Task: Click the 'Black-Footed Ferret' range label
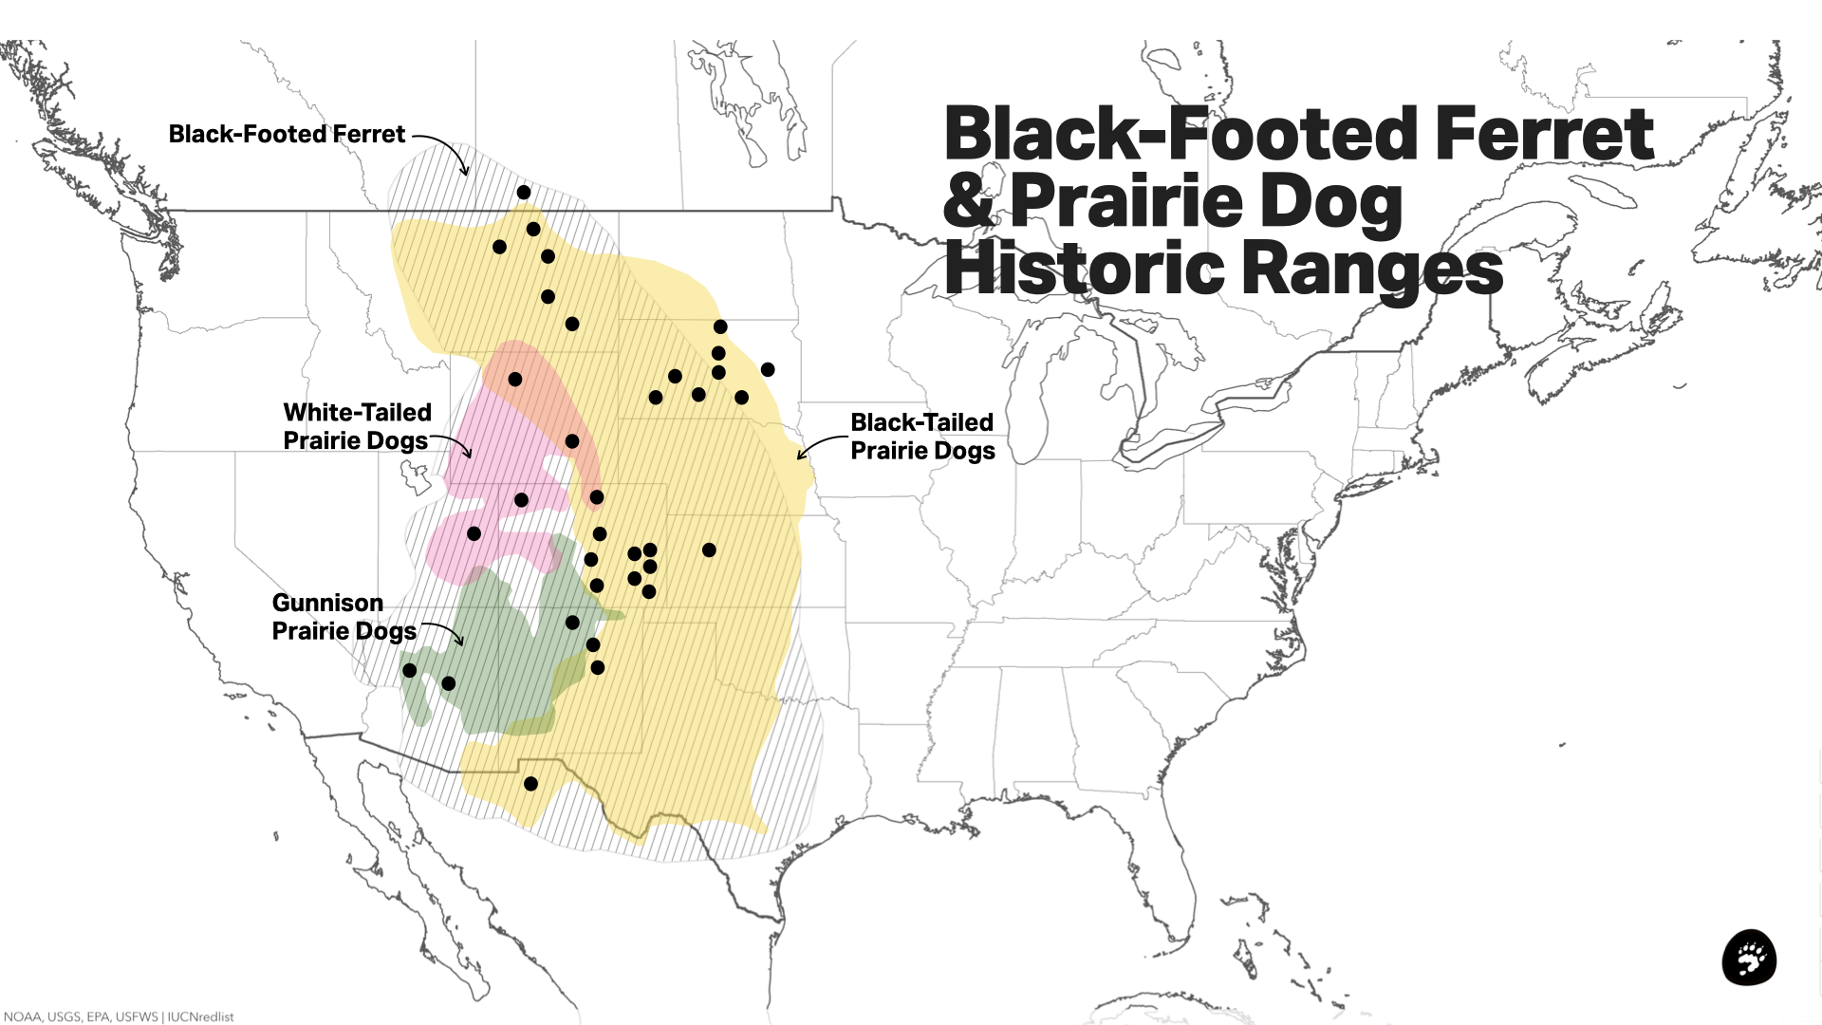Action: click(x=287, y=135)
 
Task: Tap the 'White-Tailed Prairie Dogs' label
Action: click(x=357, y=426)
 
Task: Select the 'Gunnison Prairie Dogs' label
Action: click(x=344, y=617)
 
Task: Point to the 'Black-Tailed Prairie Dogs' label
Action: click(x=922, y=437)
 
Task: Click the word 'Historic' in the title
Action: click(x=1085, y=270)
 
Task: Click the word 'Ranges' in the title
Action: click(x=1372, y=270)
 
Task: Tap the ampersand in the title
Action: click(x=969, y=201)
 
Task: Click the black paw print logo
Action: click(x=1749, y=958)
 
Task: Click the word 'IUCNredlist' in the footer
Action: click(x=200, y=1016)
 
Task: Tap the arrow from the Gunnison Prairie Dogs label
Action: click(x=444, y=632)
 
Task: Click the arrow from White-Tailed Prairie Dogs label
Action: click(x=453, y=445)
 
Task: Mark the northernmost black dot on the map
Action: click(x=524, y=193)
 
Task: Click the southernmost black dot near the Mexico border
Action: click(x=530, y=784)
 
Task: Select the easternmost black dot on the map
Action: click(x=768, y=369)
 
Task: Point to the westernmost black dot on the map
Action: click(x=410, y=670)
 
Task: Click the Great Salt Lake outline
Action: click(x=416, y=475)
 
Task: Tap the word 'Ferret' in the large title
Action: click(x=1544, y=135)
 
